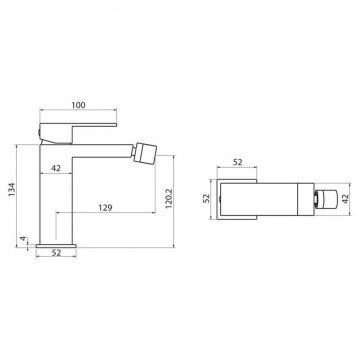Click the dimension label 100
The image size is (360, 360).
coord(78,105)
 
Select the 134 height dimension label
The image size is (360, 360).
coord(12,189)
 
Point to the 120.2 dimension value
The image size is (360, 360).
coord(168,200)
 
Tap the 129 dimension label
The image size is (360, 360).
coord(105,208)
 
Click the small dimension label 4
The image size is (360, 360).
coord(23,239)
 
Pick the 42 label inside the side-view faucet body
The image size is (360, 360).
coord(56,168)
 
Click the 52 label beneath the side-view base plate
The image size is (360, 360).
coord(56,253)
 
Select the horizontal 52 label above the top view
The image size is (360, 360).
coord(237,162)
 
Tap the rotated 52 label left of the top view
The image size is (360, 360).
coord(207,198)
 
